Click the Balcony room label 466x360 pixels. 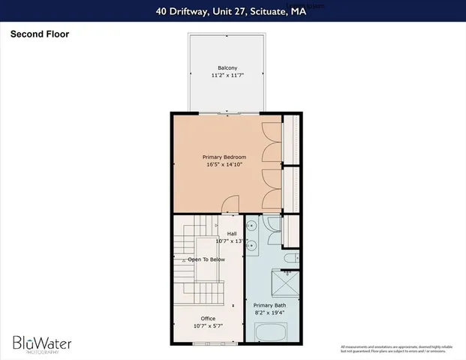[227, 67]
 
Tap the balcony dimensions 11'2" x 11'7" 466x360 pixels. [227, 76]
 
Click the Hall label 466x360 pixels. [232, 233]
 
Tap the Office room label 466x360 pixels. [208, 318]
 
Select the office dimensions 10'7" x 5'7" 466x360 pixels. [208, 326]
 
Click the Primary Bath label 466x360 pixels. [269, 305]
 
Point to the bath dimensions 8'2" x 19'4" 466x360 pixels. [269, 313]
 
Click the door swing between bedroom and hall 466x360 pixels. [232, 205]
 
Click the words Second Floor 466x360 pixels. [39, 34]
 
